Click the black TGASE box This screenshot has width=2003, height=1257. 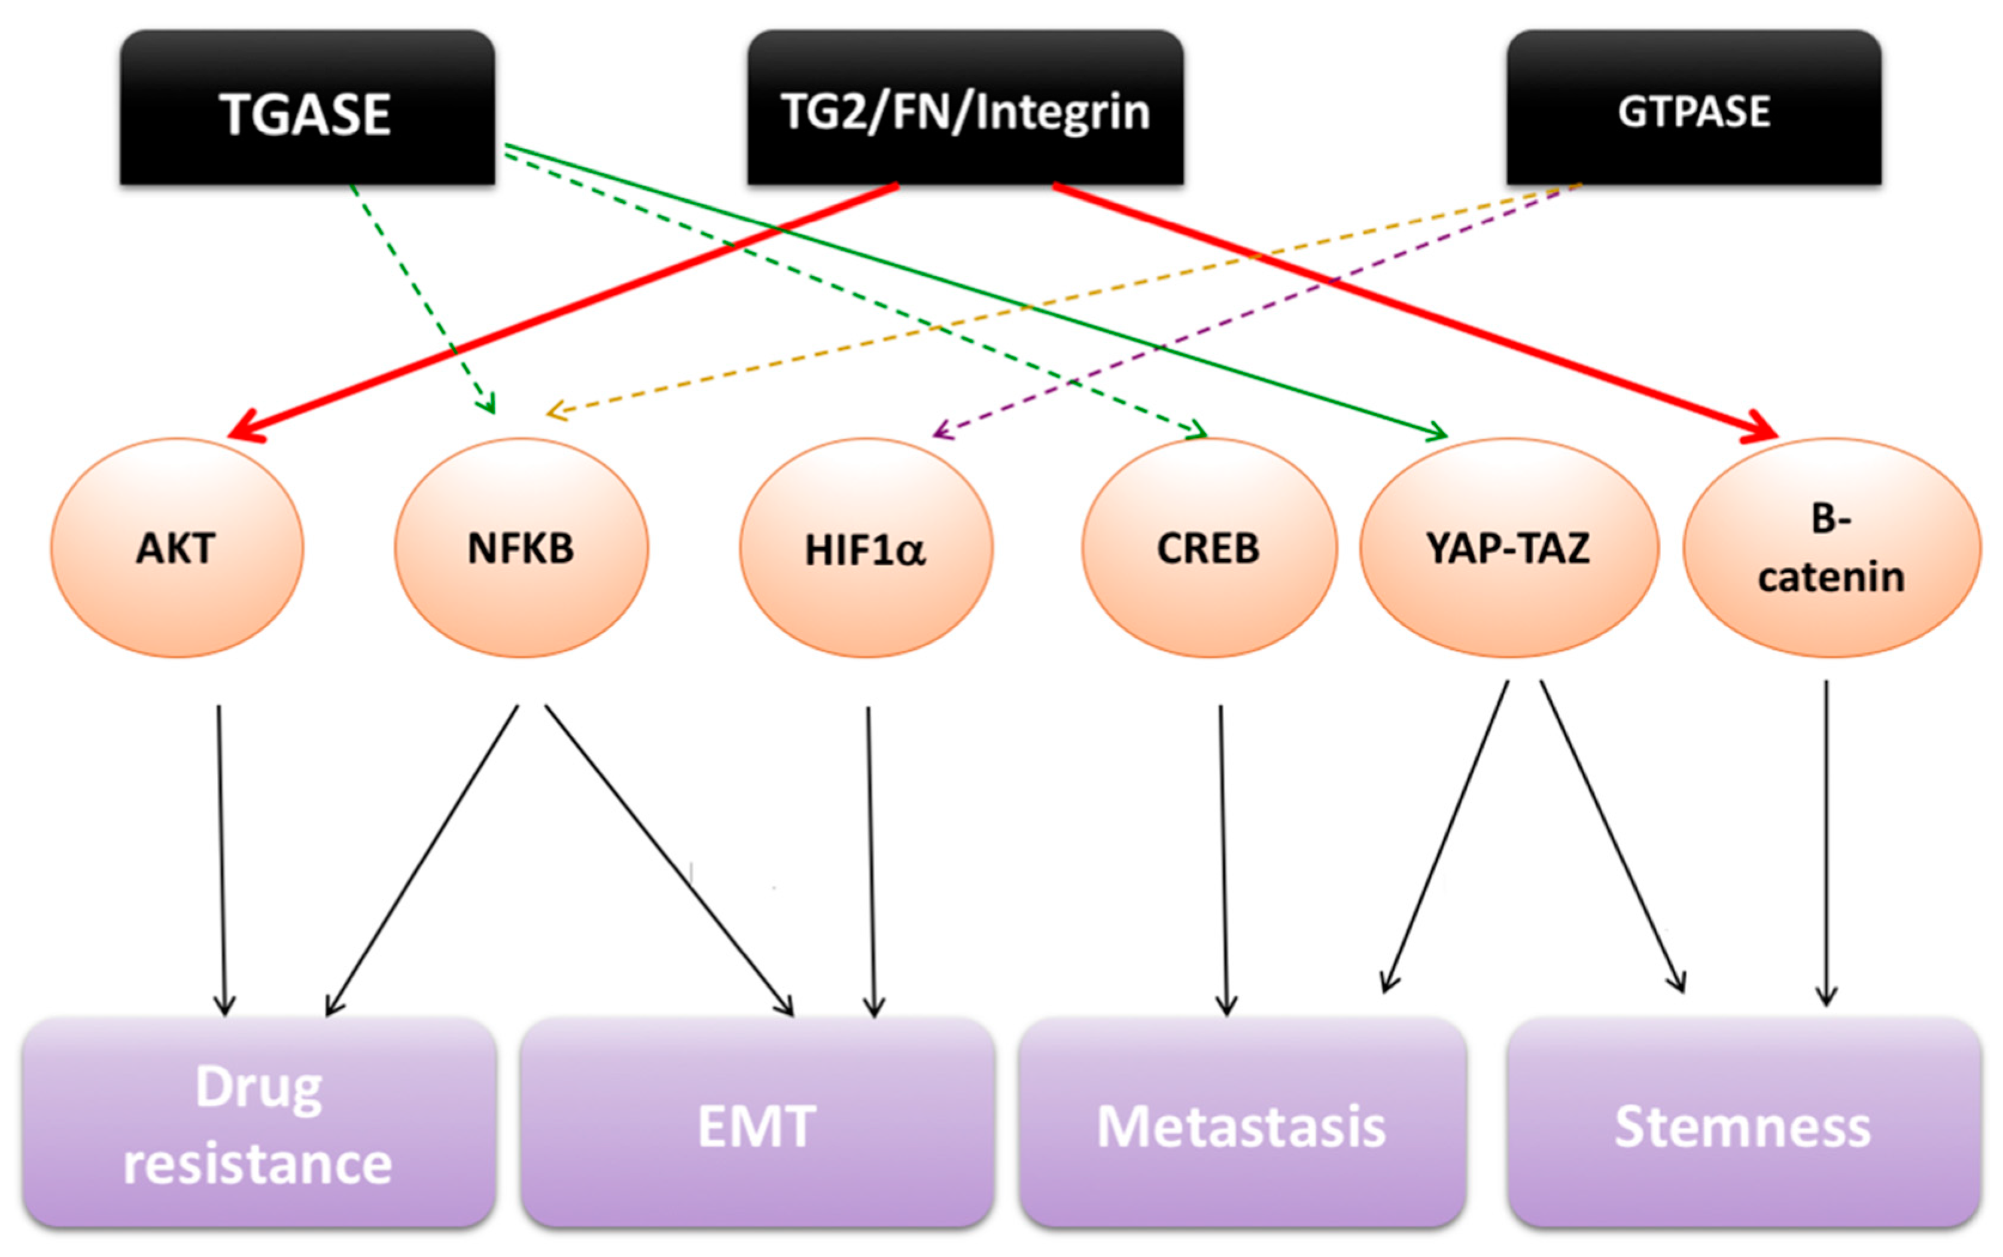click(x=307, y=108)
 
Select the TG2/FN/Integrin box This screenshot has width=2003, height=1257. click(x=965, y=108)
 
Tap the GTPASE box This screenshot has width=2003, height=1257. click(x=1693, y=108)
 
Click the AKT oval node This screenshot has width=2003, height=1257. click(x=177, y=549)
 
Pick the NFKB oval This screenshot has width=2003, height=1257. click(x=521, y=549)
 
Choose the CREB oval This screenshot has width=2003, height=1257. click(x=1209, y=549)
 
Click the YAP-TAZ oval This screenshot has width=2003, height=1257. click(x=1508, y=549)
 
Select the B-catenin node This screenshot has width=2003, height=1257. click(x=1831, y=549)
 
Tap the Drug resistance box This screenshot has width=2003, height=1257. click(x=258, y=1122)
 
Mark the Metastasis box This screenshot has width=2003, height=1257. click(x=1241, y=1122)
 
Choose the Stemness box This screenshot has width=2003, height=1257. click(x=1743, y=1122)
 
